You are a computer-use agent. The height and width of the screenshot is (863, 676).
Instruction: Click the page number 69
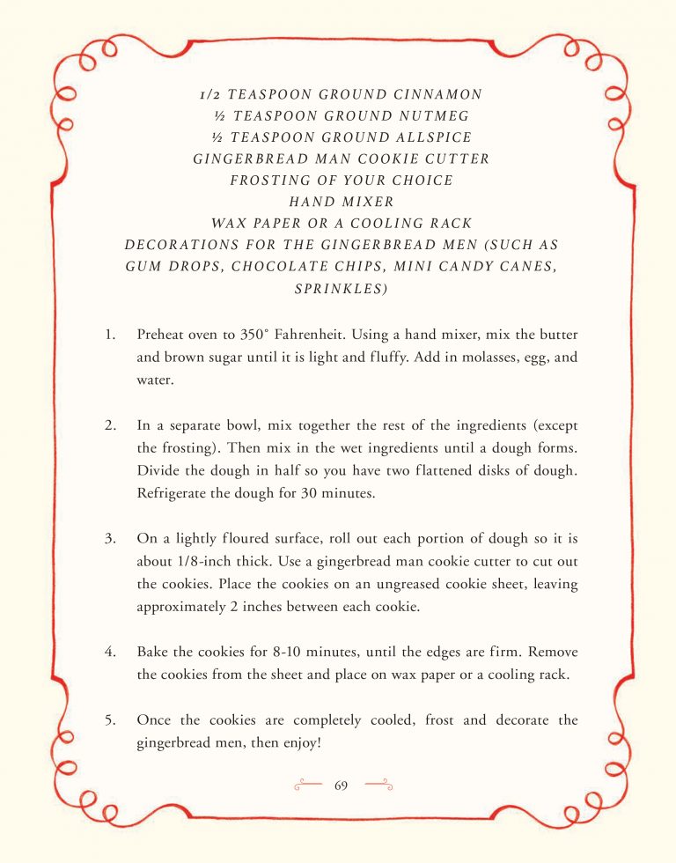click(x=342, y=785)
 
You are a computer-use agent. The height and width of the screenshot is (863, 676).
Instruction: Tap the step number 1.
click(x=108, y=336)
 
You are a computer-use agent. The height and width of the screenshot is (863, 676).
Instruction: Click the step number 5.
click(x=109, y=720)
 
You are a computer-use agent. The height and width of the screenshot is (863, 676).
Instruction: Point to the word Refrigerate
click(x=172, y=493)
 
